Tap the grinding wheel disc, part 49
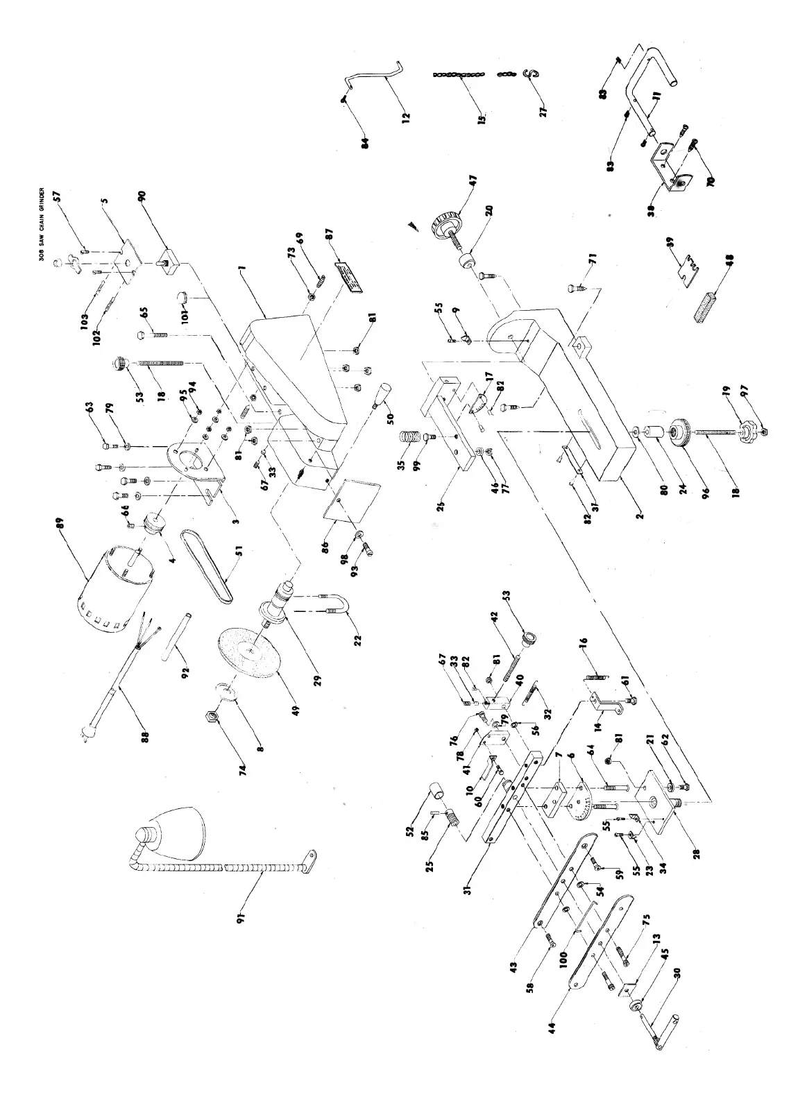[x=248, y=652]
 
